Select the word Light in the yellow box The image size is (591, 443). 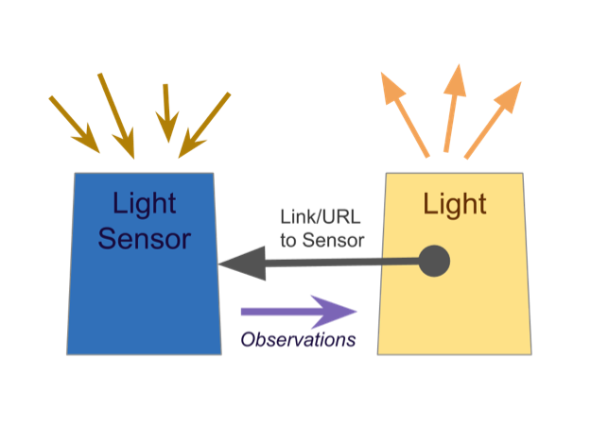[x=454, y=203]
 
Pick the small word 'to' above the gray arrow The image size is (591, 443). [x=289, y=240]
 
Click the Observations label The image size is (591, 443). [x=298, y=339]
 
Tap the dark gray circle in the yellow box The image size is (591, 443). [x=434, y=261]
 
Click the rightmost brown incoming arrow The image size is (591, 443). [x=204, y=124]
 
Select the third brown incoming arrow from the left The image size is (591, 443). [x=167, y=111]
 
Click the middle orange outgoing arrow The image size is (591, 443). [x=451, y=106]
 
